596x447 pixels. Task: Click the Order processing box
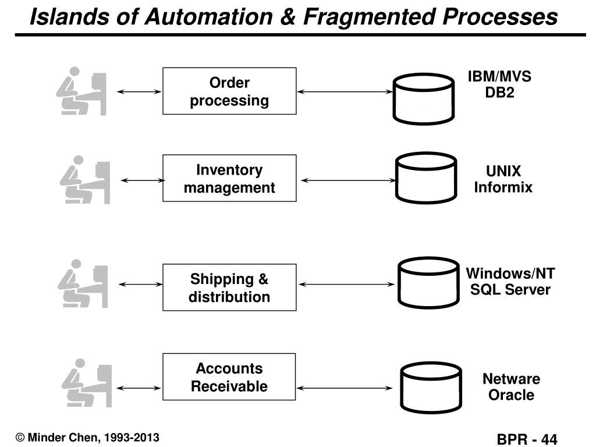[x=229, y=91]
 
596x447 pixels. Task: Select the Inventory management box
[x=229, y=178]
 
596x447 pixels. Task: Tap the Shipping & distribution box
[x=229, y=288]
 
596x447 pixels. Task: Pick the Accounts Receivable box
[x=229, y=377]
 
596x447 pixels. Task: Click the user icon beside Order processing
[x=81, y=91]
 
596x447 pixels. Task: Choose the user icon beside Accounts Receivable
[x=87, y=383]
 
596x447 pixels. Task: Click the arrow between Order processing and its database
[x=345, y=91]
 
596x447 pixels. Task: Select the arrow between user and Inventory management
[x=143, y=180]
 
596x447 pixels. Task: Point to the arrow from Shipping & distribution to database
[x=347, y=284]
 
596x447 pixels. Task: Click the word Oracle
[x=511, y=395]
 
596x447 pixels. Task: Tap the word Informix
[x=503, y=187]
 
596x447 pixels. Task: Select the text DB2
[x=499, y=93]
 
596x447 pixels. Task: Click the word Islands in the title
[x=70, y=17]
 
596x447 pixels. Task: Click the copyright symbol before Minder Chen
[x=20, y=438]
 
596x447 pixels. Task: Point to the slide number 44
[x=549, y=439]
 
